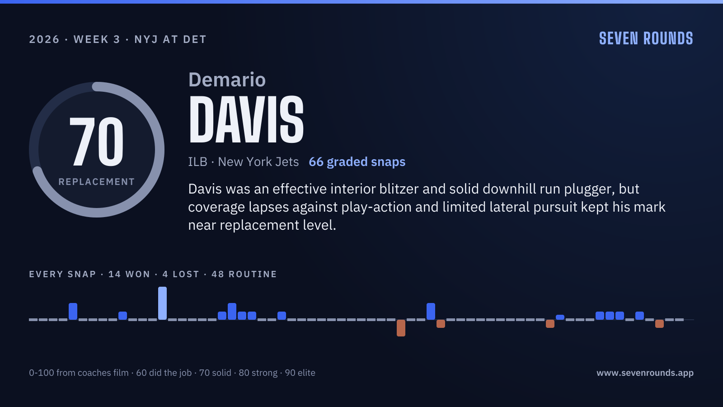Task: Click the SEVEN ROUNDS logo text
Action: click(x=646, y=38)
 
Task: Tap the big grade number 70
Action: click(x=97, y=142)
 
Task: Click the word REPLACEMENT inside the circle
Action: click(x=97, y=182)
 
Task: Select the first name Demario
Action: click(x=227, y=80)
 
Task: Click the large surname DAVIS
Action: click(x=246, y=119)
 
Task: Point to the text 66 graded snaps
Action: click(x=357, y=162)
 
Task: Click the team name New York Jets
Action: click(x=258, y=162)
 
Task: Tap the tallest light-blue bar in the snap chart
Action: click(x=162, y=303)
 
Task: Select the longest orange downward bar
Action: click(x=401, y=328)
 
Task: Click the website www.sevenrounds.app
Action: click(x=645, y=373)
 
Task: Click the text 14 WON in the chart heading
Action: click(x=129, y=274)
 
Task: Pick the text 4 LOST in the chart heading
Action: click(x=181, y=274)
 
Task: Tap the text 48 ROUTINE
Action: click(x=244, y=274)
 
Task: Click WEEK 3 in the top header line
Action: click(x=97, y=39)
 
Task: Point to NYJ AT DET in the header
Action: click(x=170, y=39)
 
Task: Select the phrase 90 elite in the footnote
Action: click(x=300, y=373)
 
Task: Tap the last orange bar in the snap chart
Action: click(x=659, y=324)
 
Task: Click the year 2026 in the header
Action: click(x=44, y=39)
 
